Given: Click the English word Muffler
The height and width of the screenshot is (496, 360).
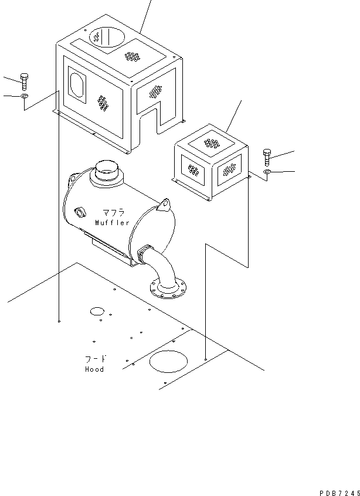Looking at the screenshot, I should click(x=113, y=222).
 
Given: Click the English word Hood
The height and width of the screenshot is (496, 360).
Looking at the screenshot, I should click(x=94, y=369).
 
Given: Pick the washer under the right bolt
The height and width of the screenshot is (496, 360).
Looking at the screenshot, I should click(x=267, y=172).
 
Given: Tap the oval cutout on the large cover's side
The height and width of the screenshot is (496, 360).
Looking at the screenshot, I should click(x=76, y=84).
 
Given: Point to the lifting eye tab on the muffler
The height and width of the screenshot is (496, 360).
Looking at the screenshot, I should click(x=165, y=205).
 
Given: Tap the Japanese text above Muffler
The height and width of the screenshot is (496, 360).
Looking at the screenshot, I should click(x=113, y=213).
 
